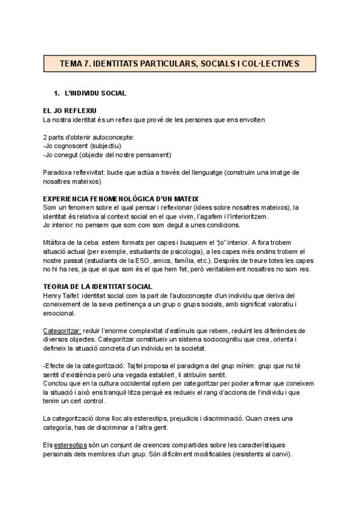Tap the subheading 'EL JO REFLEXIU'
70,111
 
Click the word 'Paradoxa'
58,172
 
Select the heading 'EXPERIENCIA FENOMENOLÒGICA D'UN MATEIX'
121,199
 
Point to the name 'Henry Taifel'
61,295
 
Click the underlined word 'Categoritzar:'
62,331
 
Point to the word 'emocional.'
59,313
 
